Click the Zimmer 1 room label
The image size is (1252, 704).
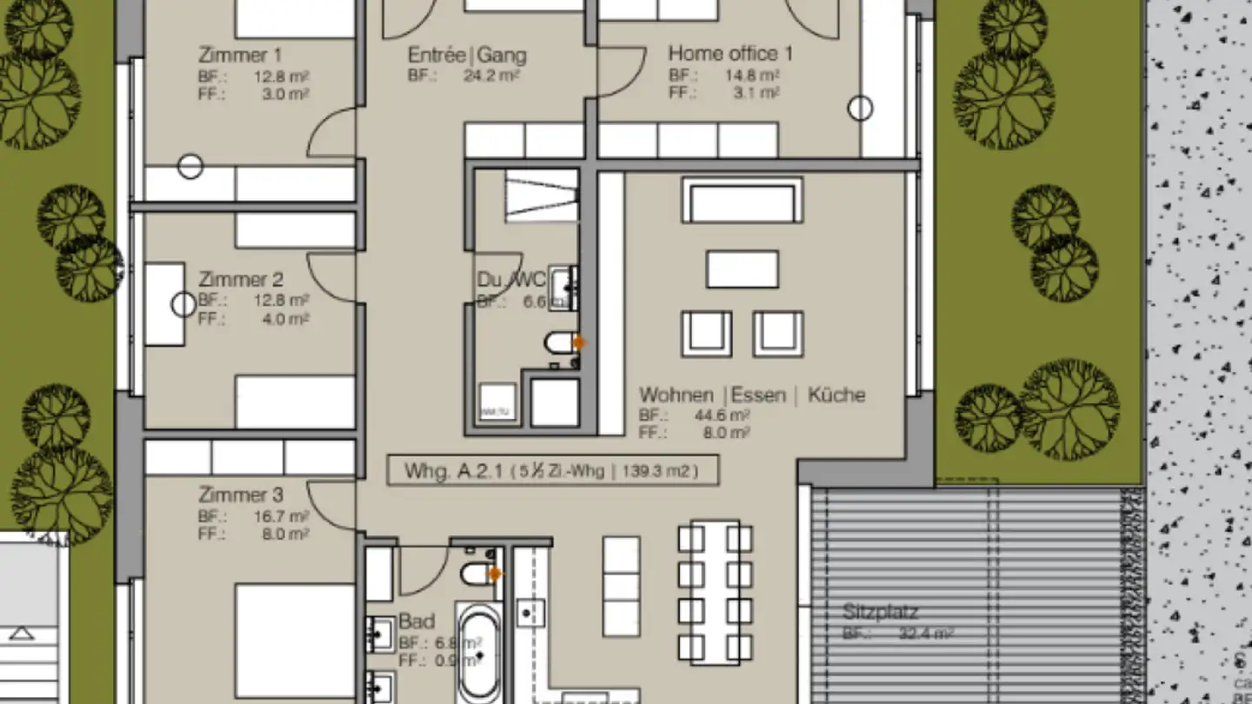[x=234, y=56]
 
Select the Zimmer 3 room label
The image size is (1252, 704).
[x=241, y=495]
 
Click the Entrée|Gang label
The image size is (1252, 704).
[x=467, y=56]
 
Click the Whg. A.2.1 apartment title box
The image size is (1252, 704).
[x=553, y=471]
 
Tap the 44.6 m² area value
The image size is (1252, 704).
[x=722, y=415]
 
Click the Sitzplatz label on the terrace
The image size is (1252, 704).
[x=880, y=612]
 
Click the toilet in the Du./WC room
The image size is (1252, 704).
[x=561, y=343]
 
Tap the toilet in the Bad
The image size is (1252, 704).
[x=477, y=574]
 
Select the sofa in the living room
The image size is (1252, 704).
[x=742, y=201]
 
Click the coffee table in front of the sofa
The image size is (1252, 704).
[x=742, y=269]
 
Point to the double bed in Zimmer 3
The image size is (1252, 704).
[x=294, y=643]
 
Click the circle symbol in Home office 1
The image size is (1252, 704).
[x=860, y=109]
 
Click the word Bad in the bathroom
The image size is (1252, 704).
[x=416, y=622]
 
